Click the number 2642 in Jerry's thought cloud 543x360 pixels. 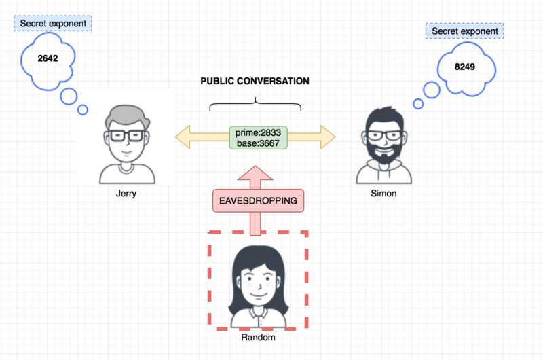point(48,58)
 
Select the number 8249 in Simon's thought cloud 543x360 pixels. point(465,67)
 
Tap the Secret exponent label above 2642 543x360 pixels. point(53,24)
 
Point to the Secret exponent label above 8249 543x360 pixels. point(465,31)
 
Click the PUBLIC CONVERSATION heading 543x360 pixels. point(255,81)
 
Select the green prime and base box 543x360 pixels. point(259,138)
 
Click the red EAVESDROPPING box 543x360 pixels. point(259,200)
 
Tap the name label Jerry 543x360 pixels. point(126,194)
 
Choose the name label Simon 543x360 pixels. point(383,194)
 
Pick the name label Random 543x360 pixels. point(259,337)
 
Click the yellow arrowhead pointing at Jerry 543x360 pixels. point(183,137)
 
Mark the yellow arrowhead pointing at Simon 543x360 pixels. point(328,137)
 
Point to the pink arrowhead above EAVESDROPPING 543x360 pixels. point(255,173)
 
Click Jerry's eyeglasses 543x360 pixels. point(126,135)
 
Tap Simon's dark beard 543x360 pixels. point(384,151)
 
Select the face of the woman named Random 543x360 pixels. point(258,283)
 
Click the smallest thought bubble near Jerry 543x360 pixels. point(83,110)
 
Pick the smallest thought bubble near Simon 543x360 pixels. point(418,104)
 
